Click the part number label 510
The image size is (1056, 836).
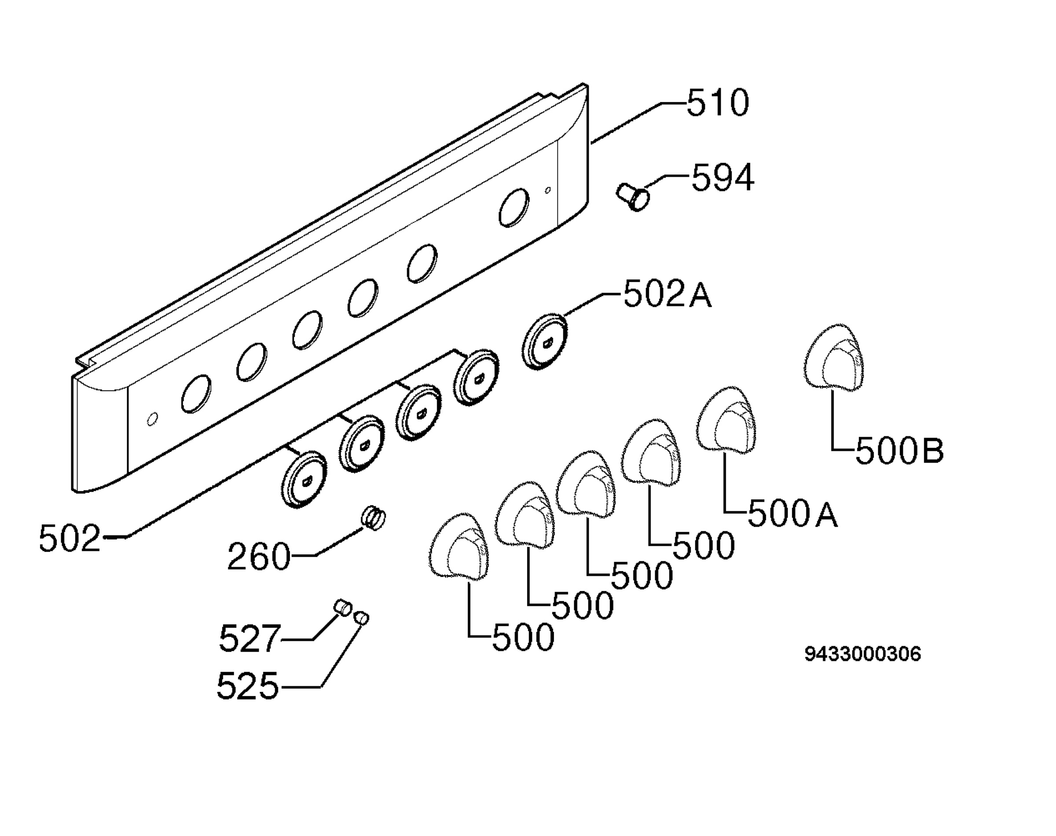(718, 103)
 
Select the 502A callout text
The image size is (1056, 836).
(667, 295)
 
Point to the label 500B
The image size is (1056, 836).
(899, 451)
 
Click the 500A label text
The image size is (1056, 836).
(793, 513)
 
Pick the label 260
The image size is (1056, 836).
(259, 557)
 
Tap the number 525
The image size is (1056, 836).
(248, 685)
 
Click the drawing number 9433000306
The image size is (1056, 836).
(863, 654)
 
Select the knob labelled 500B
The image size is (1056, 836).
(834, 357)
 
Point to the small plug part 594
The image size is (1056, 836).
(633, 197)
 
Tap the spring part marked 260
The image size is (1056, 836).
(374, 518)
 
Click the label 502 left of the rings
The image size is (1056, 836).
(70, 539)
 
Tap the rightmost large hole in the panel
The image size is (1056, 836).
(514, 208)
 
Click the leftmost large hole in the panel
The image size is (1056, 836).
(196, 394)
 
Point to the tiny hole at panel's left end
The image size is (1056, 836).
(152, 419)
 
